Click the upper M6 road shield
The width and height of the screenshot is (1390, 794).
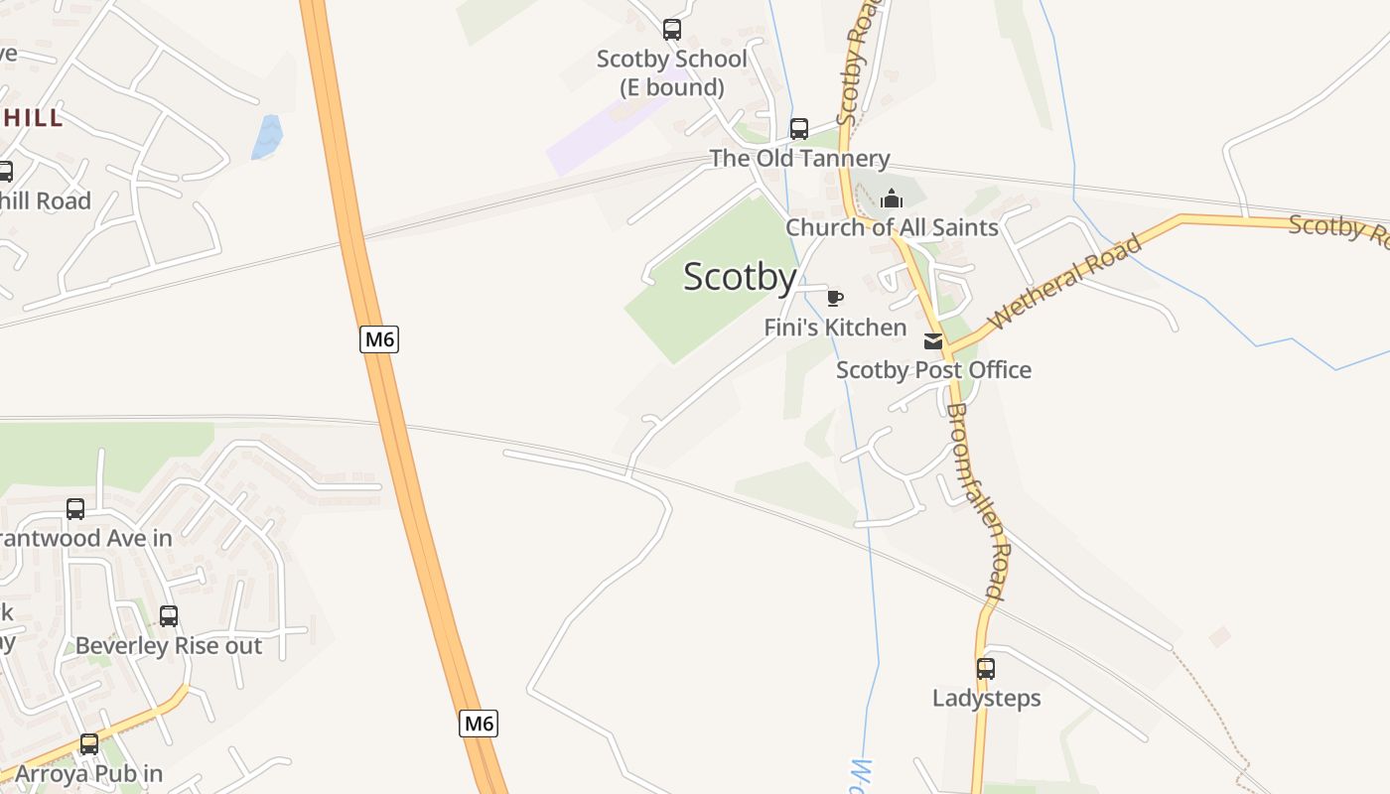coord(379,339)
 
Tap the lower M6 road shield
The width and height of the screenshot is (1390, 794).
coord(479,724)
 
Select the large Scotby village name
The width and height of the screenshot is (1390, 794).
coord(740,277)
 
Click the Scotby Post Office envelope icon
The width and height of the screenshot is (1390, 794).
coord(933,341)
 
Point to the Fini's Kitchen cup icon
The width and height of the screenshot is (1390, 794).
coord(835,298)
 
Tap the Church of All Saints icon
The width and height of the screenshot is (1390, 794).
coord(892,198)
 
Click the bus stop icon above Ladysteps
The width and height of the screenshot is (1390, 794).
coord(985,669)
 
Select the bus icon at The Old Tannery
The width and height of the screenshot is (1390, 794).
coord(799,129)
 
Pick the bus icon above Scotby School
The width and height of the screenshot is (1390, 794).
coord(672,30)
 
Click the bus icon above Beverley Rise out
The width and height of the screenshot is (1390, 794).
coord(169,616)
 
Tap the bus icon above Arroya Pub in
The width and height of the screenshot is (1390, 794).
coord(89,743)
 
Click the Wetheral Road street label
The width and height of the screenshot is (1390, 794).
coord(1065,283)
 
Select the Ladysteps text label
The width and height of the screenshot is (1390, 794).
coord(986,698)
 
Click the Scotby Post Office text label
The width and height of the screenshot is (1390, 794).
coord(933,370)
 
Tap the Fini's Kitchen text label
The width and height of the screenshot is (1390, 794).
coord(835,328)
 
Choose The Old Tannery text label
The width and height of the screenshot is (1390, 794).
coord(799,159)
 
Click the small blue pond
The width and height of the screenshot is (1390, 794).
coord(266,137)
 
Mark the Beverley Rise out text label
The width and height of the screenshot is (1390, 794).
coord(169,646)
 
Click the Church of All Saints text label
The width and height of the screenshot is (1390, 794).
coord(892,227)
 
